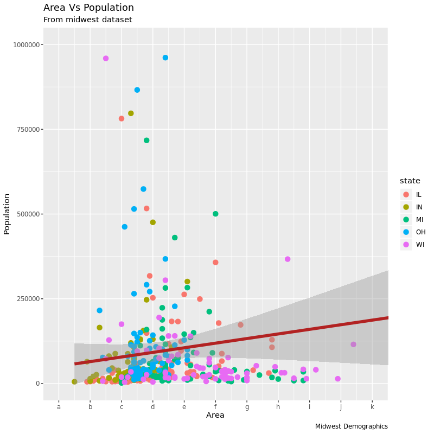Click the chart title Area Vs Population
pos(88,8)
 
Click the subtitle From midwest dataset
pos(87,20)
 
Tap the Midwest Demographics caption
pos(351,426)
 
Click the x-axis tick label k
pos(372,406)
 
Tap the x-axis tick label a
pos(59,406)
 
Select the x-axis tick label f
pos(215,406)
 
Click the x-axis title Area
pos(215,416)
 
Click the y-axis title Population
pos(7,214)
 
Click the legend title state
pos(410,181)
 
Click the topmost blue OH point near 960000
pos(165,58)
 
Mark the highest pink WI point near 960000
pos(106,59)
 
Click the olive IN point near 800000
pos(131,113)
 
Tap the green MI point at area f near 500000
pos(215,214)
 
